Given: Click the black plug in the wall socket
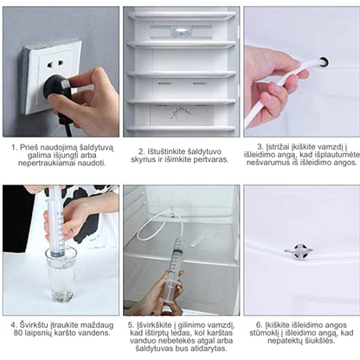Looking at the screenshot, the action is coord(57,88).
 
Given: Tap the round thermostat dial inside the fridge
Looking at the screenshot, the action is coord(181,116).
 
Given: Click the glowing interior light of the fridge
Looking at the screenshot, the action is coord(181,30).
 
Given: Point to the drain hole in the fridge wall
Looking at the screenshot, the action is coord(324,61).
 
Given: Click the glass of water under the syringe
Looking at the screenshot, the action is coord(61,273).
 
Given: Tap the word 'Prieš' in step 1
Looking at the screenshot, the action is coord(27,147).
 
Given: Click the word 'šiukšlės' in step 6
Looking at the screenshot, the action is coord(319,341).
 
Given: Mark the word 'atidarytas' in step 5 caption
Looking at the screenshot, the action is coord(211,349).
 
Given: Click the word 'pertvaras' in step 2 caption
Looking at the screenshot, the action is coord(211,159).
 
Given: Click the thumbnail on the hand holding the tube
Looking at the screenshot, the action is coord(276,87).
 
